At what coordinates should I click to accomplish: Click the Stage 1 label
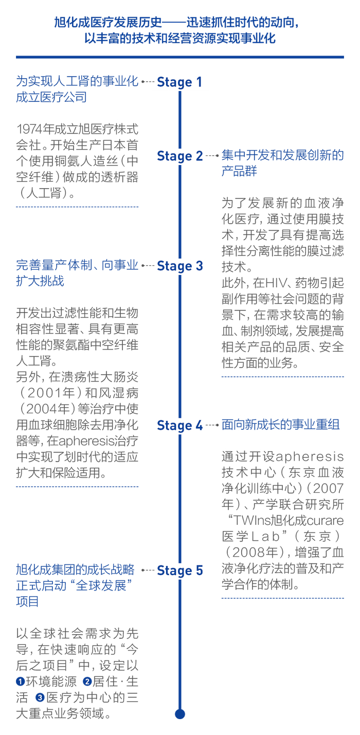(x=179, y=82)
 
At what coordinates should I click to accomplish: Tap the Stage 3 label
(x=179, y=266)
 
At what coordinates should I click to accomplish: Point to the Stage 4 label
(x=179, y=426)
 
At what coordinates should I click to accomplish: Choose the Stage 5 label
(x=179, y=571)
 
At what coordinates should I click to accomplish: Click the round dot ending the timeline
(x=179, y=714)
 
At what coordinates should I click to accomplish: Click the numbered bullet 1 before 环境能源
(x=21, y=682)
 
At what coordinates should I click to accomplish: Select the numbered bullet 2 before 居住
(x=87, y=682)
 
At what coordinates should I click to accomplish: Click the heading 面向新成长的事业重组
(x=280, y=426)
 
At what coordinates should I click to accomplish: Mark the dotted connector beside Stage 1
(x=148, y=81)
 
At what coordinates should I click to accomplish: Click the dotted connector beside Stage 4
(x=212, y=426)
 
